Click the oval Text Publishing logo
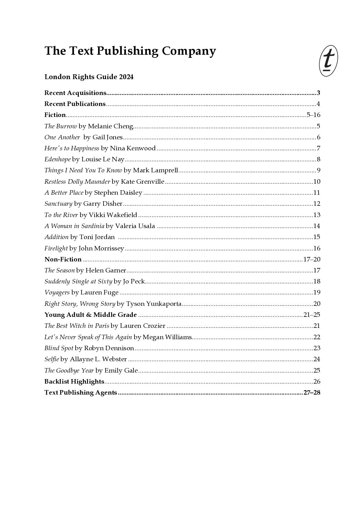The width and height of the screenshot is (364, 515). (x=328, y=61)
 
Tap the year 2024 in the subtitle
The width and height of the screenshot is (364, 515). (x=126, y=77)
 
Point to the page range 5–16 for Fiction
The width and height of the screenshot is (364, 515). (x=313, y=115)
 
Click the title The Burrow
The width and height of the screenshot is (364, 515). (x=61, y=126)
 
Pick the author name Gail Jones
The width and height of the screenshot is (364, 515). (x=107, y=137)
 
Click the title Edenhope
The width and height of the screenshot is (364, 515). (x=57, y=159)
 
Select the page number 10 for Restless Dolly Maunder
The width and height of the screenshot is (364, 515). (x=317, y=182)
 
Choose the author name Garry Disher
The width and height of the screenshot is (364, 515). (x=103, y=204)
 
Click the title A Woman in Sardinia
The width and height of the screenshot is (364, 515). (x=74, y=226)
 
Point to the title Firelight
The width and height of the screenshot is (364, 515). (x=56, y=248)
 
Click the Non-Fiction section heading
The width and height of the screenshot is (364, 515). (x=63, y=259)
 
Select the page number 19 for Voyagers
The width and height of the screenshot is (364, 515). (x=317, y=293)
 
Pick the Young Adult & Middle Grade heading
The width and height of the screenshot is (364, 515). (x=90, y=315)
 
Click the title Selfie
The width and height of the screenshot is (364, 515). (x=52, y=359)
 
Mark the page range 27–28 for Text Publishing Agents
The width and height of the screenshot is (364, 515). (x=312, y=393)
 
